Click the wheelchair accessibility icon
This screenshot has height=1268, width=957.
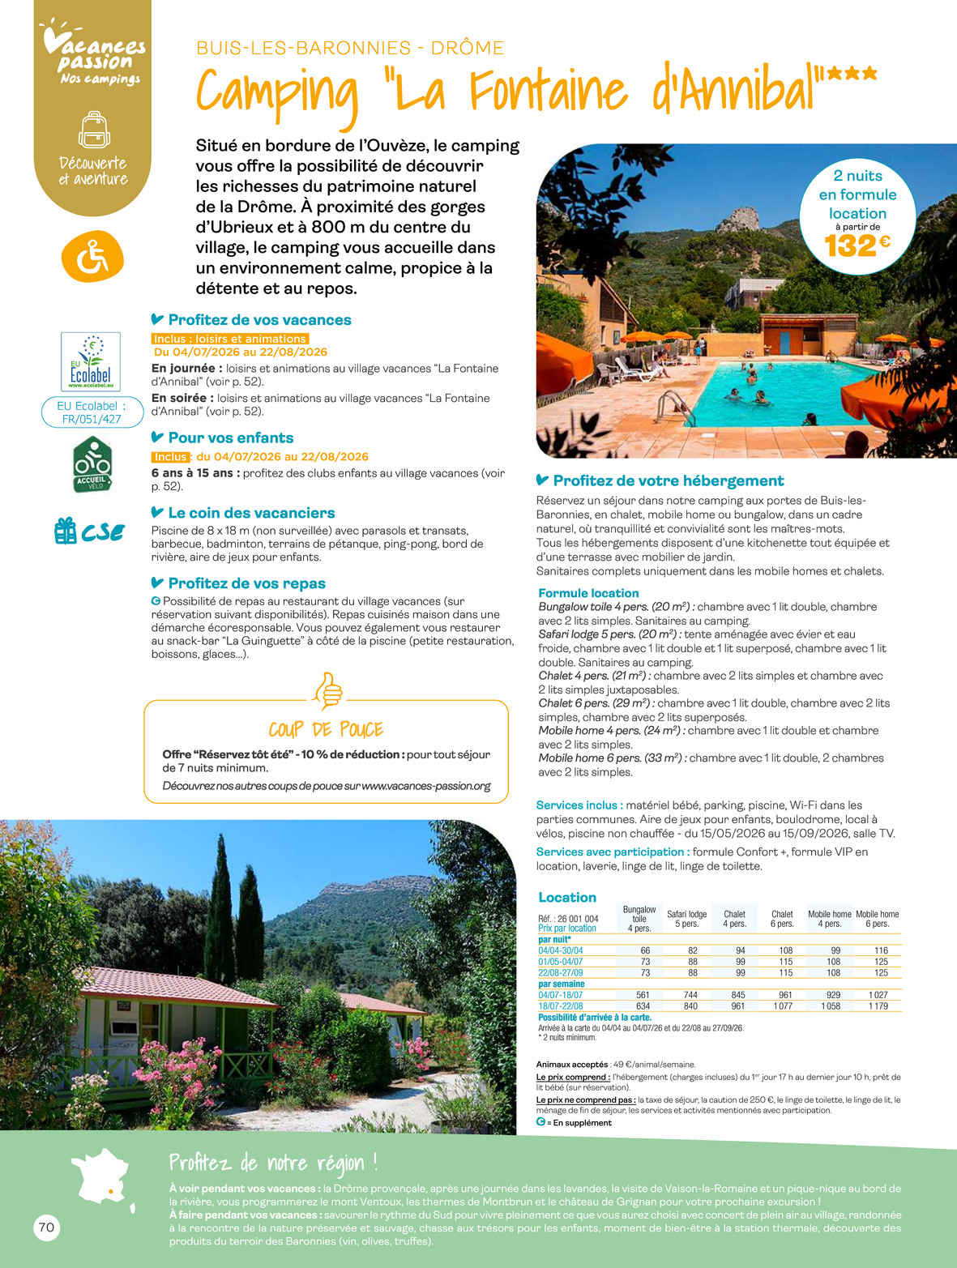click(x=92, y=257)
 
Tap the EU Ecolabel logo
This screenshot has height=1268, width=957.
click(x=91, y=361)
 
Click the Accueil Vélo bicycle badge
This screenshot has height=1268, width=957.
click(x=92, y=465)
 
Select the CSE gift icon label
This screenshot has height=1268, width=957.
click(x=89, y=532)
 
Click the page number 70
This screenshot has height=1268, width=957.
click(x=47, y=1227)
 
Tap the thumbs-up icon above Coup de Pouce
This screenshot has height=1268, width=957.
click(x=327, y=690)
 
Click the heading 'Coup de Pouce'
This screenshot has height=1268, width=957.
click(x=326, y=729)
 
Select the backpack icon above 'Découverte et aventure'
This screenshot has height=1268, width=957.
click(x=94, y=130)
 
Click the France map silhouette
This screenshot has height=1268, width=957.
click(x=103, y=1176)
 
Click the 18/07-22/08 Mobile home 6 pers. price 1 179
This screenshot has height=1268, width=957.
click(x=878, y=1006)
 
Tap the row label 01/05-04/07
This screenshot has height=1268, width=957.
click(x=561, y=962)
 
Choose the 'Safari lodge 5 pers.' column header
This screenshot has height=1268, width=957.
click(x=686, y=919)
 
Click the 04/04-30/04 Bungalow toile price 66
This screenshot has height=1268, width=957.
click(x=645, y=950)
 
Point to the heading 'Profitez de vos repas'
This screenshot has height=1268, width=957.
click(x=246, y=583)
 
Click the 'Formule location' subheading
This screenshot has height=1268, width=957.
click(x=588, y=593)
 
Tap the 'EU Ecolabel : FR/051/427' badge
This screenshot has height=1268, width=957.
click(x=92, y=412)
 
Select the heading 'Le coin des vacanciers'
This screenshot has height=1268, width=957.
click(x=251, y=513)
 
